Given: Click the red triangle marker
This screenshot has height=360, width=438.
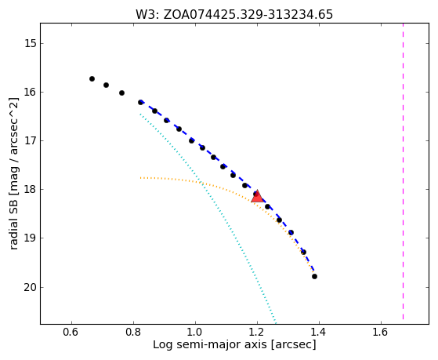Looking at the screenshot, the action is click(x=257, y=196).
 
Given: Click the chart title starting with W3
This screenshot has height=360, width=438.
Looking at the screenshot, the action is click(x=234, y=15).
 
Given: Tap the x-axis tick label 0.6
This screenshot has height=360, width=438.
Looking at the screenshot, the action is click(x=71, y=332).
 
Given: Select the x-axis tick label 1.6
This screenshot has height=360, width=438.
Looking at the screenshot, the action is click(x=381, y=332).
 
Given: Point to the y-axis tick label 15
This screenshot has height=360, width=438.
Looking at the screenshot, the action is click(x=31, y=44).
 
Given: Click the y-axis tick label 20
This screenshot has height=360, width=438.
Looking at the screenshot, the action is click(x=31, y=288).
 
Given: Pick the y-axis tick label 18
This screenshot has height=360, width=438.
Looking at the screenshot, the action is click(x=31, y=190).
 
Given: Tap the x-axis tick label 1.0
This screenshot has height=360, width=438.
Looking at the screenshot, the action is click(x=195, y=332).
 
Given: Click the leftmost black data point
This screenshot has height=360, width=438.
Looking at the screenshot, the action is click(x=92, y=79).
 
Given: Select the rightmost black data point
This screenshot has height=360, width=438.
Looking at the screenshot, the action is click(x=314, y=277).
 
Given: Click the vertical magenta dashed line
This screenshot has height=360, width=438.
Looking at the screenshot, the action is click(x=403, y=171).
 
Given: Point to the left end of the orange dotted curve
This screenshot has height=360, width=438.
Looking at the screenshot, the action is click(x=140, y=178).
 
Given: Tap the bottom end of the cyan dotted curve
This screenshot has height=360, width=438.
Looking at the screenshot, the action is click(x=276, y=322).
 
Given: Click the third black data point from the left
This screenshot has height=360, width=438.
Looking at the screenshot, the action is click(x=121, y=93).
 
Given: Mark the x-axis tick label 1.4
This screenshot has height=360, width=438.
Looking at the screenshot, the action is click(x=319, y=332).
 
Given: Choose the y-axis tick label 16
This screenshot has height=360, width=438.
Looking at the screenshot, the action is click(x=31, y=93).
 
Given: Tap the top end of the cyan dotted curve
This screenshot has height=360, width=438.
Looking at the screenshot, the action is click(x=140, y=115).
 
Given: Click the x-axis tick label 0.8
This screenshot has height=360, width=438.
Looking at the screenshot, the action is click(x=133, y=332).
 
